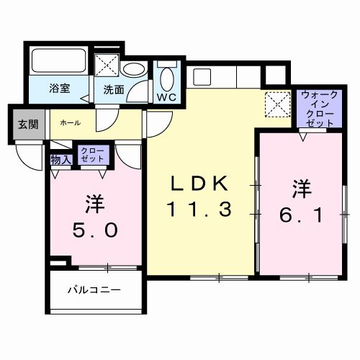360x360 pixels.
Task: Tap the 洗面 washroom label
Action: click(x=113, y=91)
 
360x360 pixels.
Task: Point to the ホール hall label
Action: click(x=69, y=123)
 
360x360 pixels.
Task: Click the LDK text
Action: click(x=199, y=183)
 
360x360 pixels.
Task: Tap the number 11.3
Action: click(x=199, y=210)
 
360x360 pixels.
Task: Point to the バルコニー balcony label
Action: click(x=94, y=290)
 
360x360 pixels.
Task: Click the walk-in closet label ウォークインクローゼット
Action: click(x=317, y=109)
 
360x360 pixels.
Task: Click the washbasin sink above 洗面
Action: click(x=132, y=71)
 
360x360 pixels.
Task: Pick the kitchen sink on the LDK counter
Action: click(x=200, y=75)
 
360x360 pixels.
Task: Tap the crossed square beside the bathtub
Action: click(x=107, y=64)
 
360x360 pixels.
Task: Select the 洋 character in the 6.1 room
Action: click(x=301, y=189)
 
